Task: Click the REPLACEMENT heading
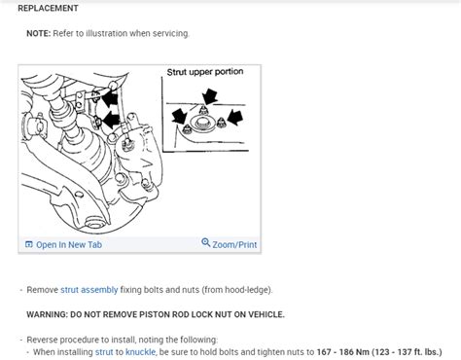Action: (x=49, y=8)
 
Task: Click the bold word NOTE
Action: (x=39, y=33)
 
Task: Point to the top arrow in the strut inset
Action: (x=208, y=94)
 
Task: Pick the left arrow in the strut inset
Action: (x=178, y=118)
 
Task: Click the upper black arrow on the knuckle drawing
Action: (x=111, y=96)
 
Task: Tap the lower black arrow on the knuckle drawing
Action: (x=108, y=121)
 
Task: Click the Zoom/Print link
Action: (x=234, y=244)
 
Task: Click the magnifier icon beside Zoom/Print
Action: (x=206, y=243)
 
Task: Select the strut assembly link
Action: (x=89, y=289)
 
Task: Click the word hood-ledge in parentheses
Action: (x=247, y=289)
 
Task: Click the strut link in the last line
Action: (x=104, y=350)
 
